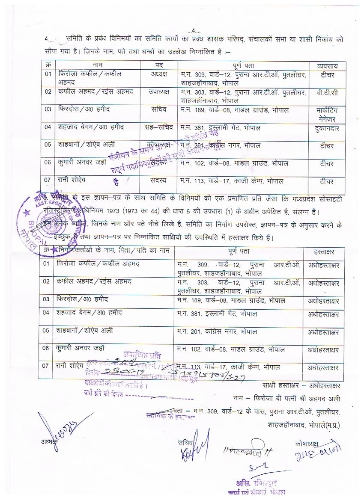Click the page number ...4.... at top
[x=194, y=30]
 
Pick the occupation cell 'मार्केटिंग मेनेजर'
[x=327, y=114]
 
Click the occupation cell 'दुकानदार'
[x=327, y=128]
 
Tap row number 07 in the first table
[x=48, y=180]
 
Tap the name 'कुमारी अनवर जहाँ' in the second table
[x=80, y=348]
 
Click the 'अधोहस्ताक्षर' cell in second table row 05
[x=323, y=332]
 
